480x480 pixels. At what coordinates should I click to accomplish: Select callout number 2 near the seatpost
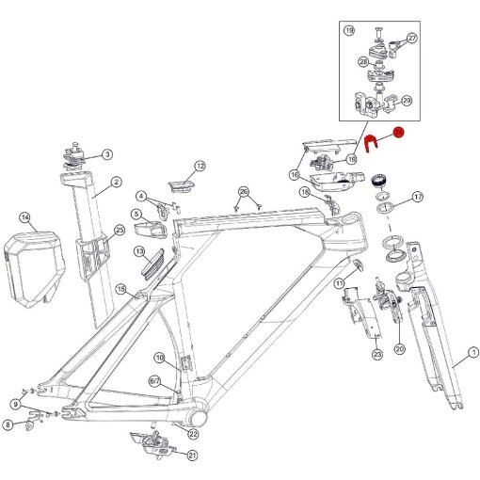(115, 183)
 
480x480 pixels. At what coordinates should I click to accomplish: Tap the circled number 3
(106, 154)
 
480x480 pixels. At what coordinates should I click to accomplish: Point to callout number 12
(200, 167)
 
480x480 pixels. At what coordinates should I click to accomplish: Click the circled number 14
(25, 218)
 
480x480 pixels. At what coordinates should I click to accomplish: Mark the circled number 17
(417, 197)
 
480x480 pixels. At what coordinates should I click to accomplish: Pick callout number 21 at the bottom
(192, 456)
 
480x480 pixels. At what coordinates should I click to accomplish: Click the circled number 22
(193, 434)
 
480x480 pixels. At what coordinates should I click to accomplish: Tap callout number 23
(376, 355)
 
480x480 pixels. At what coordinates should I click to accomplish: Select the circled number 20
(399, 349)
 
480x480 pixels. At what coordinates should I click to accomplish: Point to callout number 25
(120, 230)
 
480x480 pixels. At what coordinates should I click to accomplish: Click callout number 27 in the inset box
(411, 38)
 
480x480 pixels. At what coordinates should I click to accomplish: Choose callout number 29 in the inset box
(407, 101)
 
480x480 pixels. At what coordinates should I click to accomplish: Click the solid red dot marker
(398, 134)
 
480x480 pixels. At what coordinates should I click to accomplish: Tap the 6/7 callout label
(155, 381)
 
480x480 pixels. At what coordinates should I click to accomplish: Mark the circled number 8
(8, 425)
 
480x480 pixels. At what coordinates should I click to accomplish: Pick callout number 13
(138, 252)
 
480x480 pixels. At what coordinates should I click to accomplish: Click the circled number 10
(160, 358)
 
